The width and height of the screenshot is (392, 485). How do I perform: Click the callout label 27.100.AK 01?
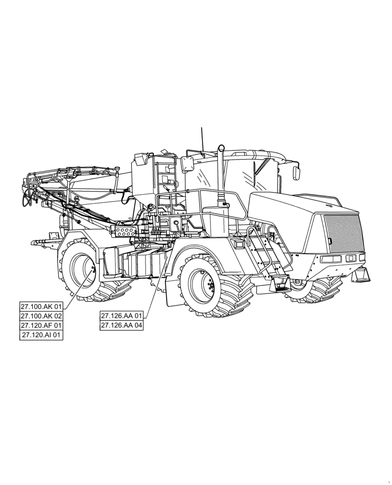click(x=41, y=307)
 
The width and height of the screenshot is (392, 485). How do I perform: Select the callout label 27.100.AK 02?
click(x=41, y=316)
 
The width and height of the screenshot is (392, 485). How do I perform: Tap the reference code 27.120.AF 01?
click(x=41, y=325)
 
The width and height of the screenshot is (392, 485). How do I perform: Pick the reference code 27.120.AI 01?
click(x=41, y=335)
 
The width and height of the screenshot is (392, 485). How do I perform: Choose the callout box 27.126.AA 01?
click(x=122, y=316)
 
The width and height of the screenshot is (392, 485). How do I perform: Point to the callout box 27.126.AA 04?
click(x=122, y=326)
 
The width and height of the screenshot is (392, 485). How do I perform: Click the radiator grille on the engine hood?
click(x=343, y=233)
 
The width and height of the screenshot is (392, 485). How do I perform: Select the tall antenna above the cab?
click(x=202, y=141)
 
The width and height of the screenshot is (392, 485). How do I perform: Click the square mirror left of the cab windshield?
click(x=188, y=164)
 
